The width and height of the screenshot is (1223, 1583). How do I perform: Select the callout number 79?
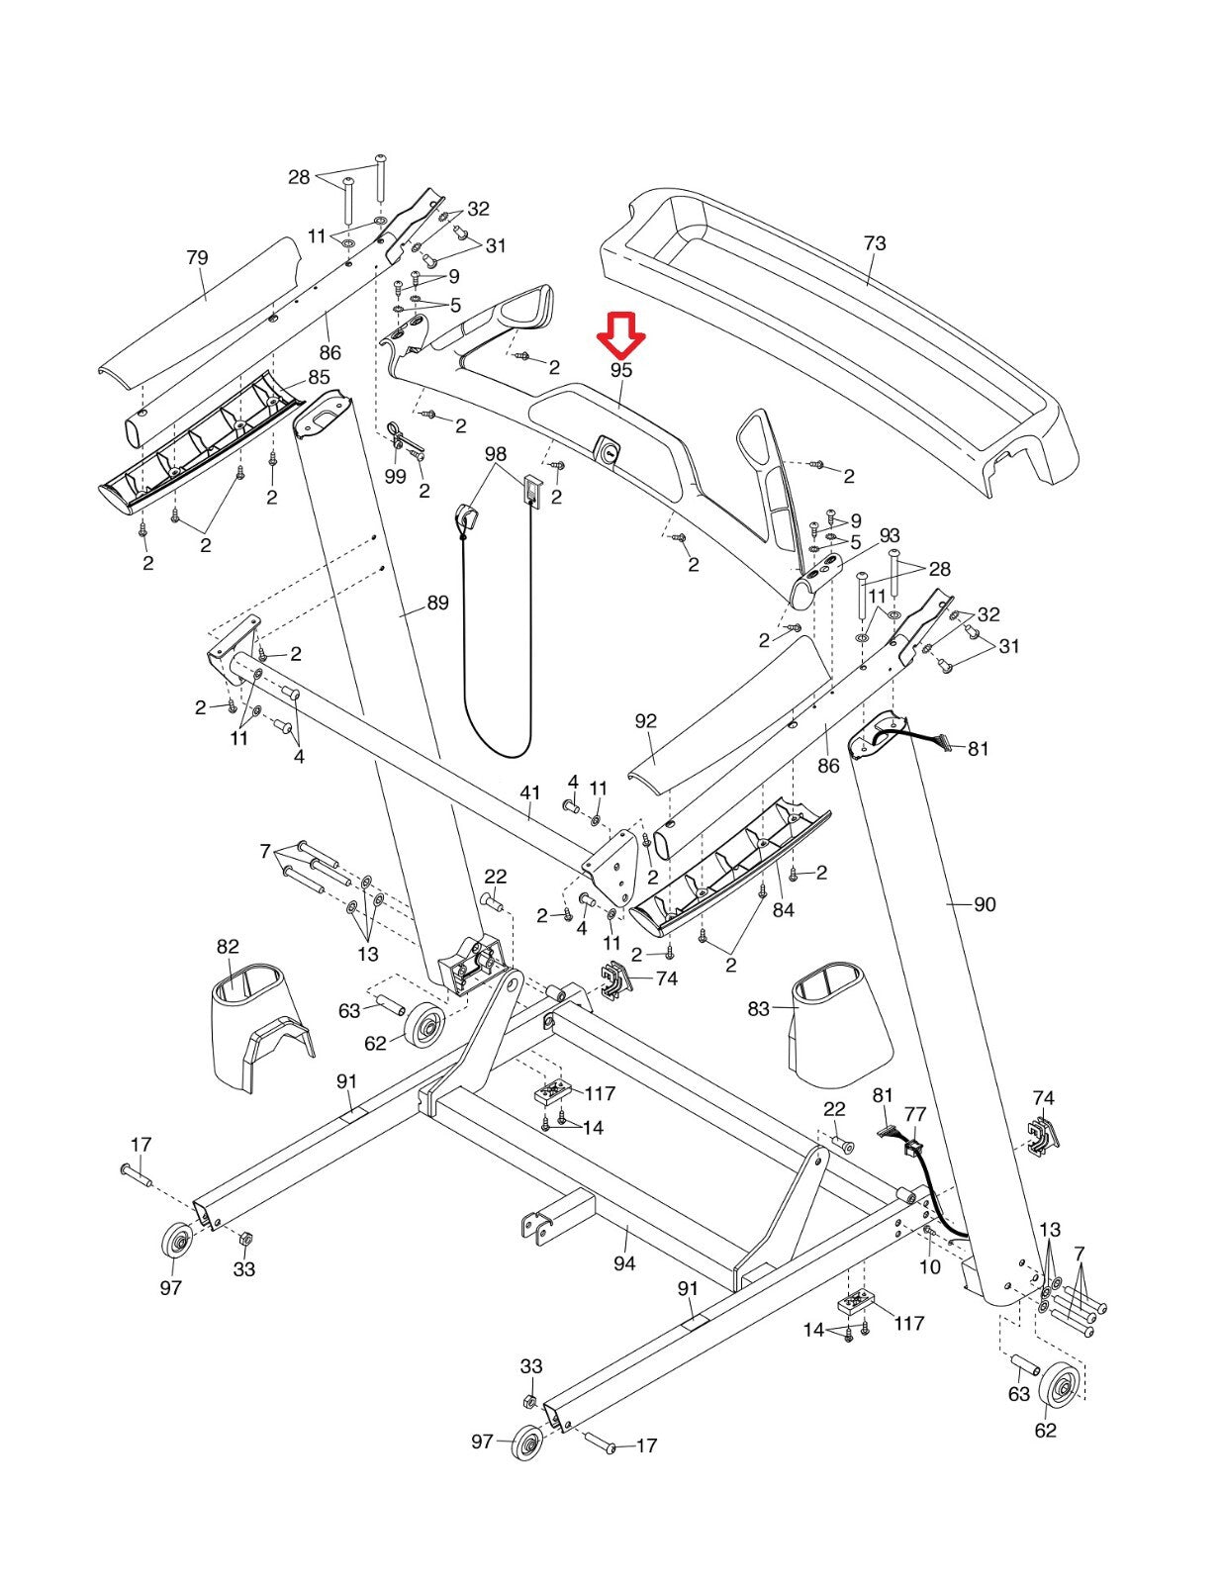[x=197, y=258]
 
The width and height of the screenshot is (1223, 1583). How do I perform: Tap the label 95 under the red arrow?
[x=621, y=370]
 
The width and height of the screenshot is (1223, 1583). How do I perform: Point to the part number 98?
[x=496, y=454]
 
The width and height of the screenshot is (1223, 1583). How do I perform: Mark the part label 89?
[x=437, y=604]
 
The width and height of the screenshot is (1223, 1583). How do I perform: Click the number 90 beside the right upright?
[x=985, y=904]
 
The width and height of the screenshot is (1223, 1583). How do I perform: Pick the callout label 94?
[x=624, y=1262]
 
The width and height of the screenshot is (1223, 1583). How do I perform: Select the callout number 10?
[x=930, y=1266]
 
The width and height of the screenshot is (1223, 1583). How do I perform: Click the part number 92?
[x=645, y=721]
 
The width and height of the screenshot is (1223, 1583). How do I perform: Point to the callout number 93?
[x=890, y=535]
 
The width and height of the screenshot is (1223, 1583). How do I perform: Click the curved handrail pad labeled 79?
[x=199, y=310]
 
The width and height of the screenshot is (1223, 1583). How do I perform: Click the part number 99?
[x=396, y=478]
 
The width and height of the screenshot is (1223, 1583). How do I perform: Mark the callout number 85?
[x=319, y=377]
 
